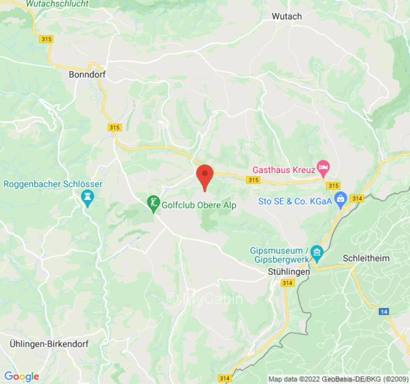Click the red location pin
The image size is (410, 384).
pos(205,176)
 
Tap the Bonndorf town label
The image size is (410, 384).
pos(87,74)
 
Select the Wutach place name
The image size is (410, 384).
pos(286,16)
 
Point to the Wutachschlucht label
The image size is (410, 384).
pos(57,4)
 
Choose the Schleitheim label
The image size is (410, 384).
pos(366,258)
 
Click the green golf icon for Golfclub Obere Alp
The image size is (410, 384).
pos(153,204)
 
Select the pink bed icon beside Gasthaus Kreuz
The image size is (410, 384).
pos(324,169)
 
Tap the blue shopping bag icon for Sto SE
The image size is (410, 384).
pos(341,198)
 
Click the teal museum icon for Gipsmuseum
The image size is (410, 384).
pos(316,251)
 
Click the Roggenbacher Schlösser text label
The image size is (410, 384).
pos(53,184)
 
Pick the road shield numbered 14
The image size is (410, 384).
pos(383,312)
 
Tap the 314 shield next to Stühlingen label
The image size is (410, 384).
pos(287,283)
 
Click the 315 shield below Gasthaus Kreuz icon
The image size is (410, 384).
pos(333,185)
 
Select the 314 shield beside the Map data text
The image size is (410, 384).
pos(224,378)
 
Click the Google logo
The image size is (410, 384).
pos(21,376)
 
